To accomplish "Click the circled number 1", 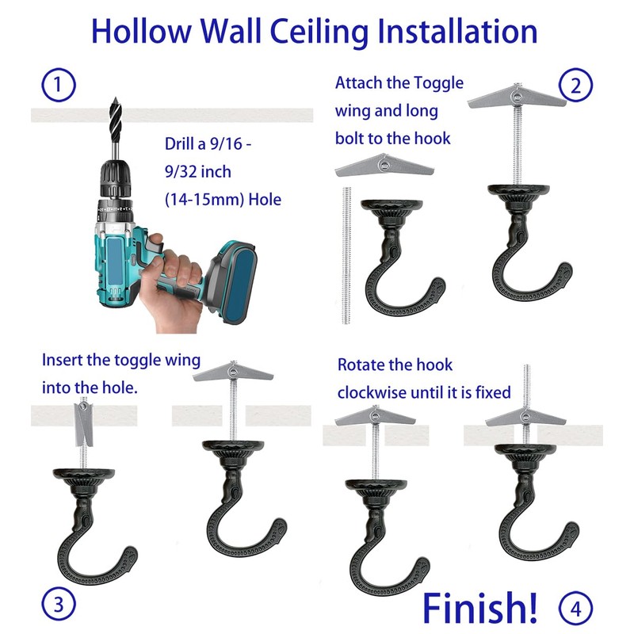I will [58, 84].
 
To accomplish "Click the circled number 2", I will [575, 86].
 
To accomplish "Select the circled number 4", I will [575, 608].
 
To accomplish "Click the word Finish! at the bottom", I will [479, 605].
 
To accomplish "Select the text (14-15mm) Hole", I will [223, 201].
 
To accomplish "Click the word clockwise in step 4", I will [372, 391].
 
